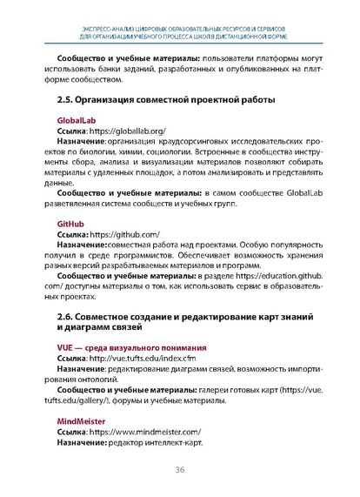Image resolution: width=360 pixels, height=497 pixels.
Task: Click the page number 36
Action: pyautogui.click(x=180, y=471)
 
